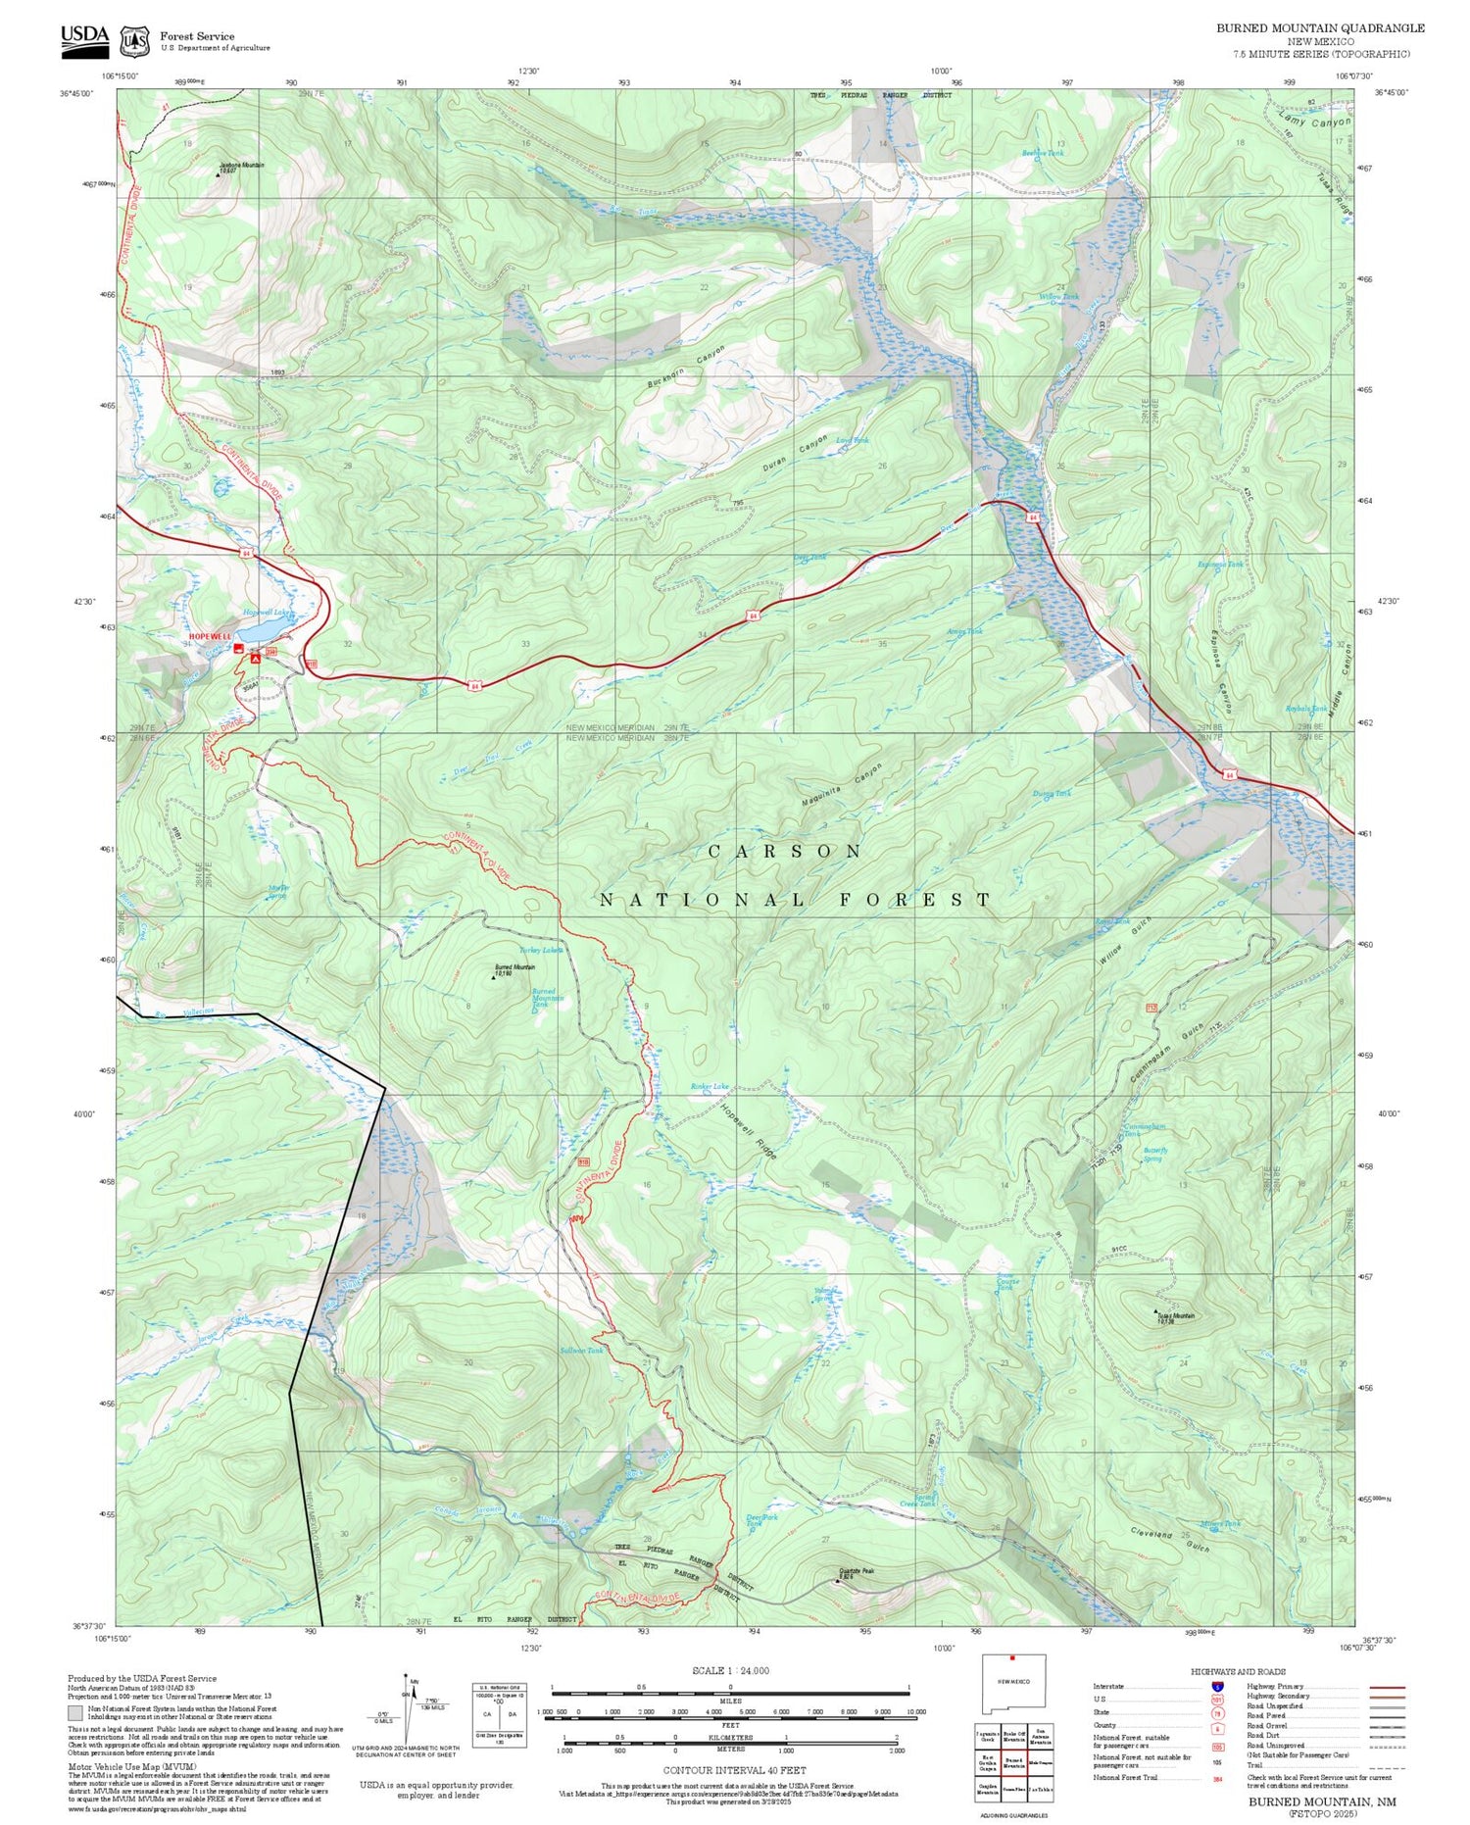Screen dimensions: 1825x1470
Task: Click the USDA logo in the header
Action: coord(84,36)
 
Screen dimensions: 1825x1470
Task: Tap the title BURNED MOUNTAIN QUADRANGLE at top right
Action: coord(1320,27)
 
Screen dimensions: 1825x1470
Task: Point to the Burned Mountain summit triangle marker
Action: coord(493,976)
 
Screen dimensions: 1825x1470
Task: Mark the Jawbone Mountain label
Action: coord(242,167)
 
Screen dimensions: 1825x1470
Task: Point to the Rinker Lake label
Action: coord(710,1086)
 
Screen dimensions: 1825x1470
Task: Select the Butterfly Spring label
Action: coord(1155,1154)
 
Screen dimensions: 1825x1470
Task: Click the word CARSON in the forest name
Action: coord(785,851)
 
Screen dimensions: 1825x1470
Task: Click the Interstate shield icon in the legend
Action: coord(1217,1686)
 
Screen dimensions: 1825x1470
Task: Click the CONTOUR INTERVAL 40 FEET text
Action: coord(734,1770)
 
